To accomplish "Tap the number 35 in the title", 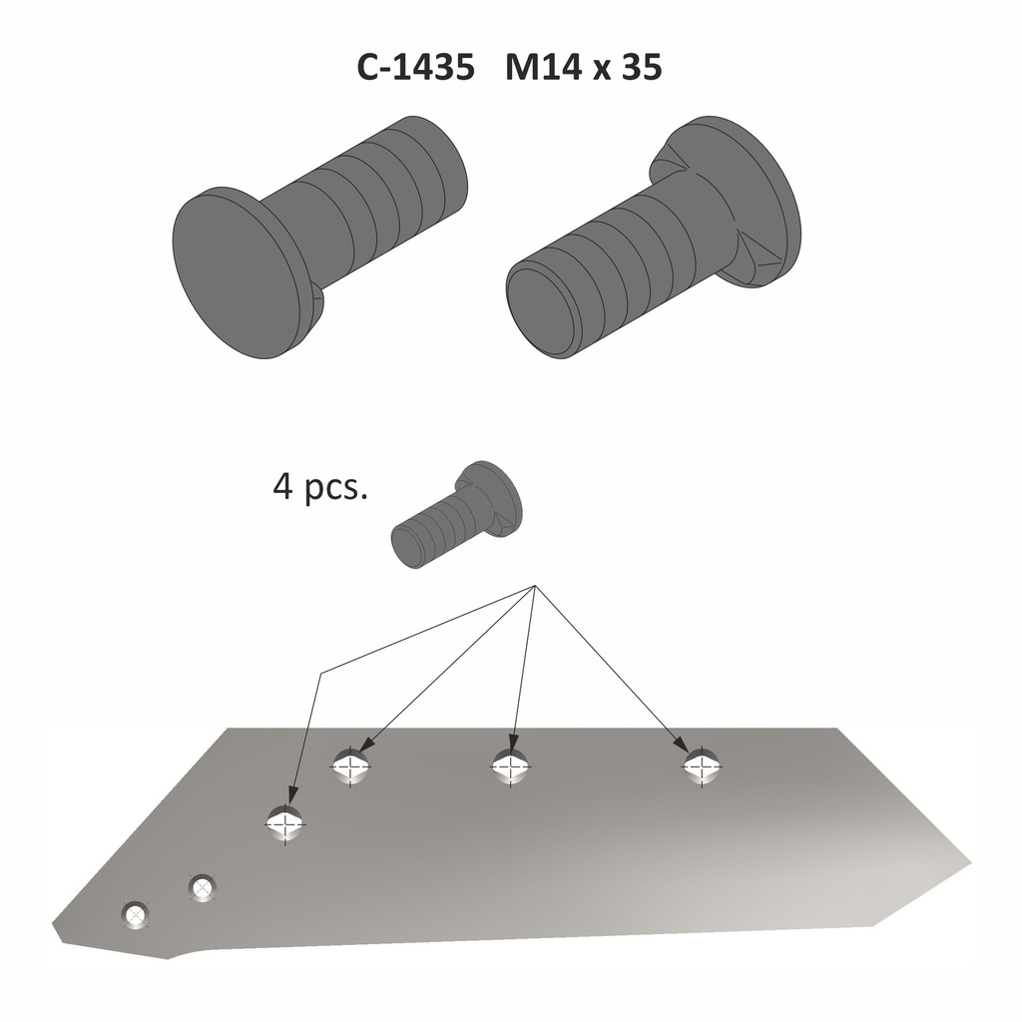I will [640, 67].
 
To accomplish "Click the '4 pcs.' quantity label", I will [319, 489].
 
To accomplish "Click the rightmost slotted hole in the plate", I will [703, 766].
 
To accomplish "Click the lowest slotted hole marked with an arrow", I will [286, 824].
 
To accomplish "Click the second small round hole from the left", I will [203, 886].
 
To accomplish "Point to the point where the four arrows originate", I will [536, 587].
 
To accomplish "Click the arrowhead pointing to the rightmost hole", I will [680, 747].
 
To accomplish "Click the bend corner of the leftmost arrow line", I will [320, 674].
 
